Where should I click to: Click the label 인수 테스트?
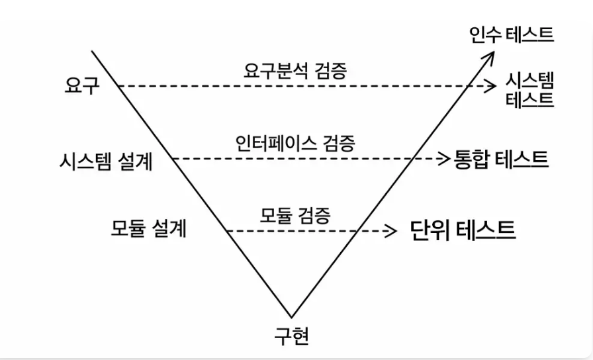tap(512, 35)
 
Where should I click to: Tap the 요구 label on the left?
tap(82, 85)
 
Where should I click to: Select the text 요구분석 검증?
tap(295, 70)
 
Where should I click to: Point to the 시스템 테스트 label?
tap(529, 90)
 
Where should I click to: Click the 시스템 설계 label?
tap(107, 161)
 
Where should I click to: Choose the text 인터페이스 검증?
tap(295, 144)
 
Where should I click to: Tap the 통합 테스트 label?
tap(501, 159)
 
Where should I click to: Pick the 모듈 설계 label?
tap(149, 228)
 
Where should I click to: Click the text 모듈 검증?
tap(295, 216)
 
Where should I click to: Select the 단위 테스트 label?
tap(463, 230)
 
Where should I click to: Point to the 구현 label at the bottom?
tap(292, 336)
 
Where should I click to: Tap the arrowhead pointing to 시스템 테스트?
tap(491, 86)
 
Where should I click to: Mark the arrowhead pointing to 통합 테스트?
tap(443, 158)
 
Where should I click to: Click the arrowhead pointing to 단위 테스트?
tap(390, 231)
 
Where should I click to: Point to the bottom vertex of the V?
tap(291, 317)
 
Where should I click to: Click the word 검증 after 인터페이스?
tap(339, 144)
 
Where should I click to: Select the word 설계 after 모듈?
tap(170, 228)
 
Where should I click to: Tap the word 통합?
tap(470, 159)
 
